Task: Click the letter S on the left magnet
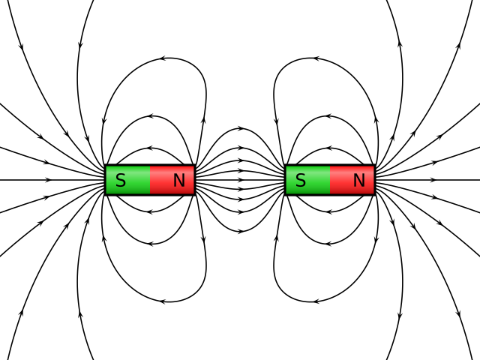coord(120,180)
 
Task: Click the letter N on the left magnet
coord(178,180)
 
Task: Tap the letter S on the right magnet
coord(300,180)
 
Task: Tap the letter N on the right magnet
coord(358,180)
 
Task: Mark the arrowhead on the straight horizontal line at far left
coord(49,180)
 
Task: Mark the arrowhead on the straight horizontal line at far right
coord(433,180)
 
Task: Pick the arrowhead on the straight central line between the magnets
coord(241,180)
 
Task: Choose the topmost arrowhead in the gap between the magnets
coord(241,129)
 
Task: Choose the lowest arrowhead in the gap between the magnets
coord(241,231)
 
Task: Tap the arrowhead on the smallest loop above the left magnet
coord(150,148)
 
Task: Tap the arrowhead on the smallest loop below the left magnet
coord(150,212)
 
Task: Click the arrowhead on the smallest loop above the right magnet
coord(329,148)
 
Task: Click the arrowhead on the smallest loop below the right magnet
coord(329,212)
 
